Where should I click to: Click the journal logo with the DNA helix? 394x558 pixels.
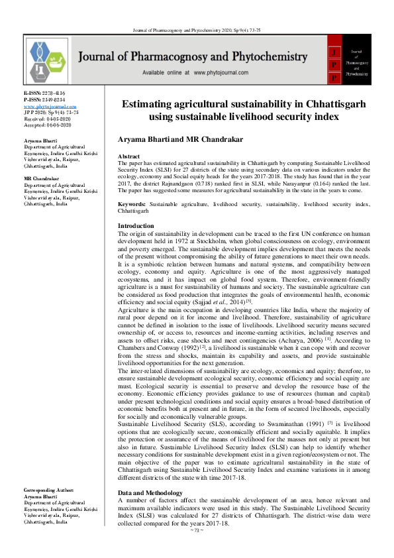pos(50,60)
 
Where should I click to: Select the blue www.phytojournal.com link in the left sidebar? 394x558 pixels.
pos(50,106)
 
